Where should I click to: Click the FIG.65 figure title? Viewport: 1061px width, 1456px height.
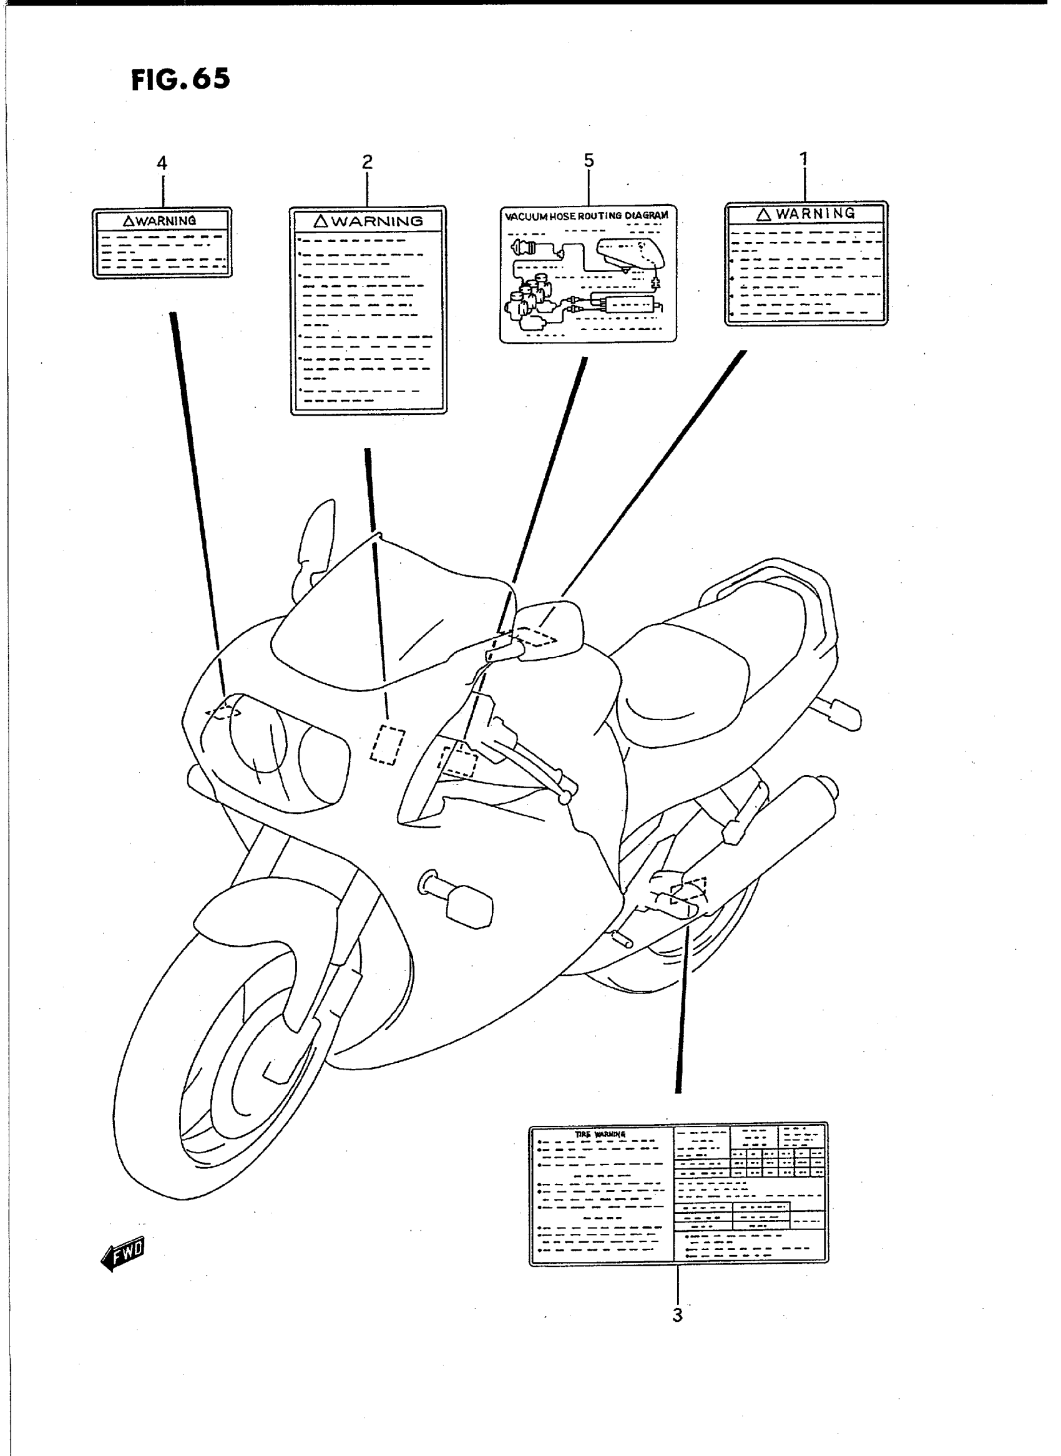180,81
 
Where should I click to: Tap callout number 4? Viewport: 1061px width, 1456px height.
162,163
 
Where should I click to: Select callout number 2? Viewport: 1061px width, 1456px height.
367,162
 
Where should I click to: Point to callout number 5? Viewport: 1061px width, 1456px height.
589,160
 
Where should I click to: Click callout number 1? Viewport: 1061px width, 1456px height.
803,158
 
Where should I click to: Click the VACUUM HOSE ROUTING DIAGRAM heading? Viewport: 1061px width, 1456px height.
587,216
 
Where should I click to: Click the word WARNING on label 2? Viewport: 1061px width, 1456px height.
377,222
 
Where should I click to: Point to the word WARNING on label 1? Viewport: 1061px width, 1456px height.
815,213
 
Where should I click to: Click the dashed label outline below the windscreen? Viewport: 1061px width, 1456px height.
388,745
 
